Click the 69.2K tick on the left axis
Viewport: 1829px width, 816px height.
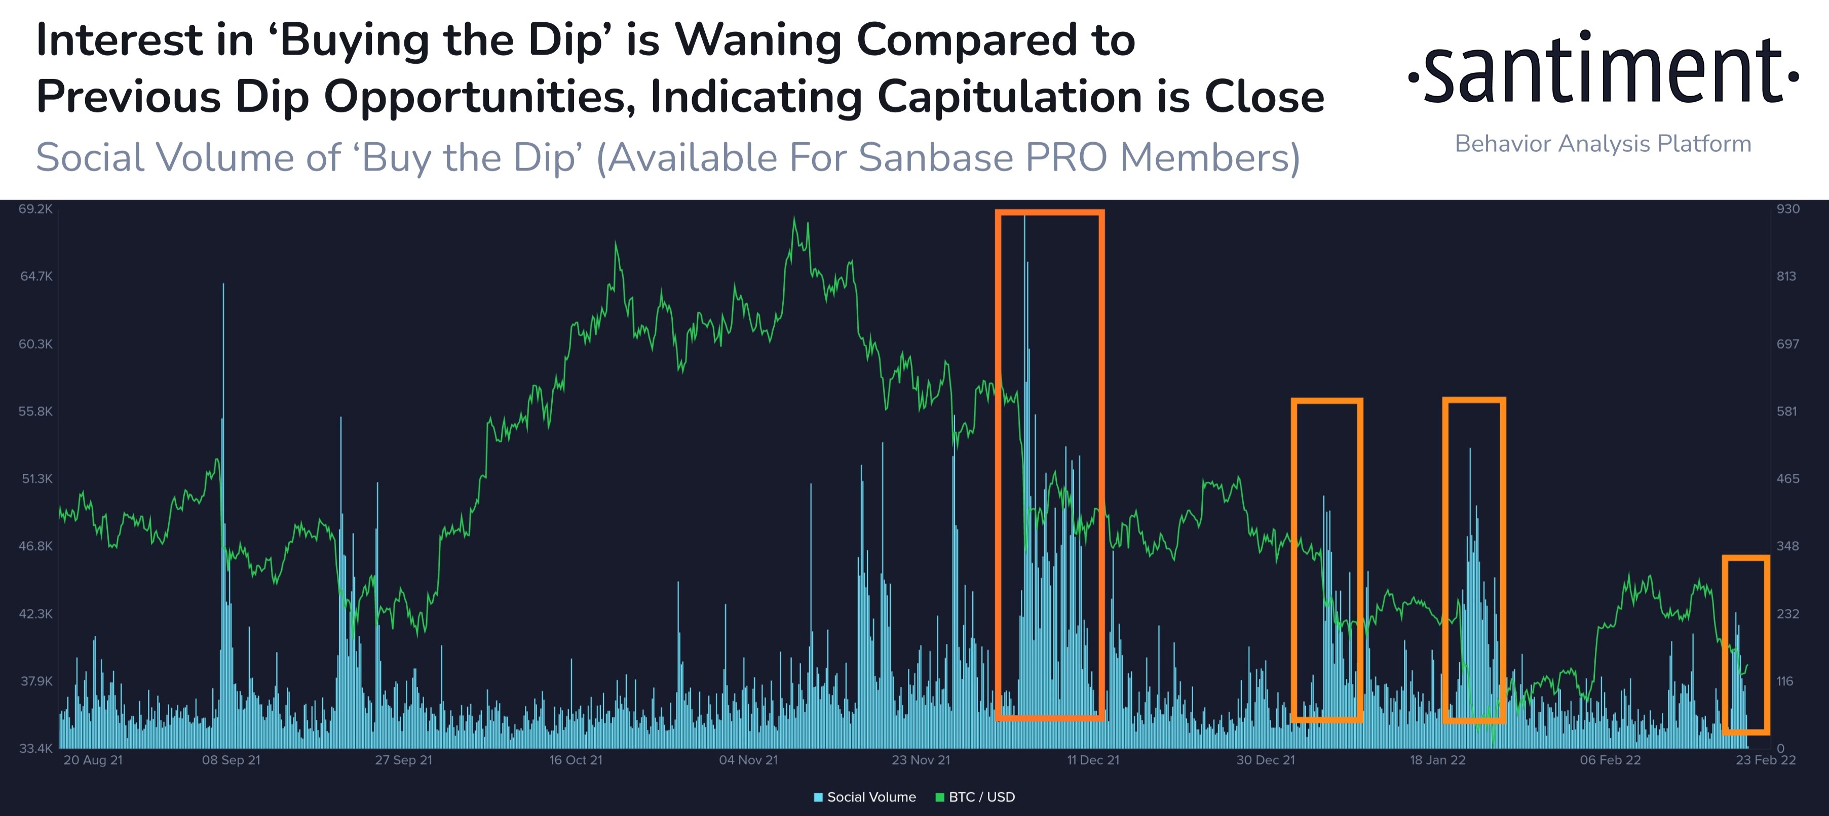(x=35, y=209)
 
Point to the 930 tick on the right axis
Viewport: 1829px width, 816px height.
(x=1788, y=209)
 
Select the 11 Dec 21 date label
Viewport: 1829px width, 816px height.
(x=1093, y=760)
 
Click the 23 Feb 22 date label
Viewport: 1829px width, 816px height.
(x=1766, y=760)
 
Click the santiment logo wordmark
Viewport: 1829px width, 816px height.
(x=1603, y=69)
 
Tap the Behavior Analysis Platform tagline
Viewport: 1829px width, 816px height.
(x=1603, y=144)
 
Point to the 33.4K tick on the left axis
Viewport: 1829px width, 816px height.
(x=35, y=748)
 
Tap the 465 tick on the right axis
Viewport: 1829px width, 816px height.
(x=1788, y=479)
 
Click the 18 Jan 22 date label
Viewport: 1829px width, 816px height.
(x=1437, y=760)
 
